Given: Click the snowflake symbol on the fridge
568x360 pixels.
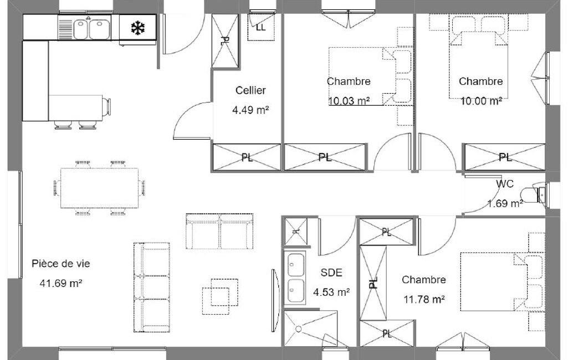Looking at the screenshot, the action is point(137,28).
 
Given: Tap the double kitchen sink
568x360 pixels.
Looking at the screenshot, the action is point(92,29).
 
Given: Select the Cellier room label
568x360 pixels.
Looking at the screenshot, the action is point(250,90).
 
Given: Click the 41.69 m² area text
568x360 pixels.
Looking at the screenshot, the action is point(61,283).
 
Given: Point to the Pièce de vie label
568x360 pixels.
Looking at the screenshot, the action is point(61,264).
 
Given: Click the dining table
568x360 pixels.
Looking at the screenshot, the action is point(99,188).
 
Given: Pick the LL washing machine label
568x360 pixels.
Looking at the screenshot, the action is point(260,28).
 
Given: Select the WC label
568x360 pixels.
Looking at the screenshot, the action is point(505,184).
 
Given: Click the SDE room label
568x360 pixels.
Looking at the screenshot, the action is point(331,272).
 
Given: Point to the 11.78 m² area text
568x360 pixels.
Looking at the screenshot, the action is point(424,299).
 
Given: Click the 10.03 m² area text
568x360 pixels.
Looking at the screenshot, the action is point(349,101).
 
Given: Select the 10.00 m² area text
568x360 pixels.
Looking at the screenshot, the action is point(481,101).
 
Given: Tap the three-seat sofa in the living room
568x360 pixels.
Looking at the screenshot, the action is point(152,287).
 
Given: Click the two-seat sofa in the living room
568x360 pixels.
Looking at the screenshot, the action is point(219,231).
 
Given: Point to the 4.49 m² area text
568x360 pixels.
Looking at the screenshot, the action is point(250,110).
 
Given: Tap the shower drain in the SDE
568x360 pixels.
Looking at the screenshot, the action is point(299,329).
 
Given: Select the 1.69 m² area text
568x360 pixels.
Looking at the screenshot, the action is point(505,204).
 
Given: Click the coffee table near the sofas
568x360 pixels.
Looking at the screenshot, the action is point(220,297).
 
